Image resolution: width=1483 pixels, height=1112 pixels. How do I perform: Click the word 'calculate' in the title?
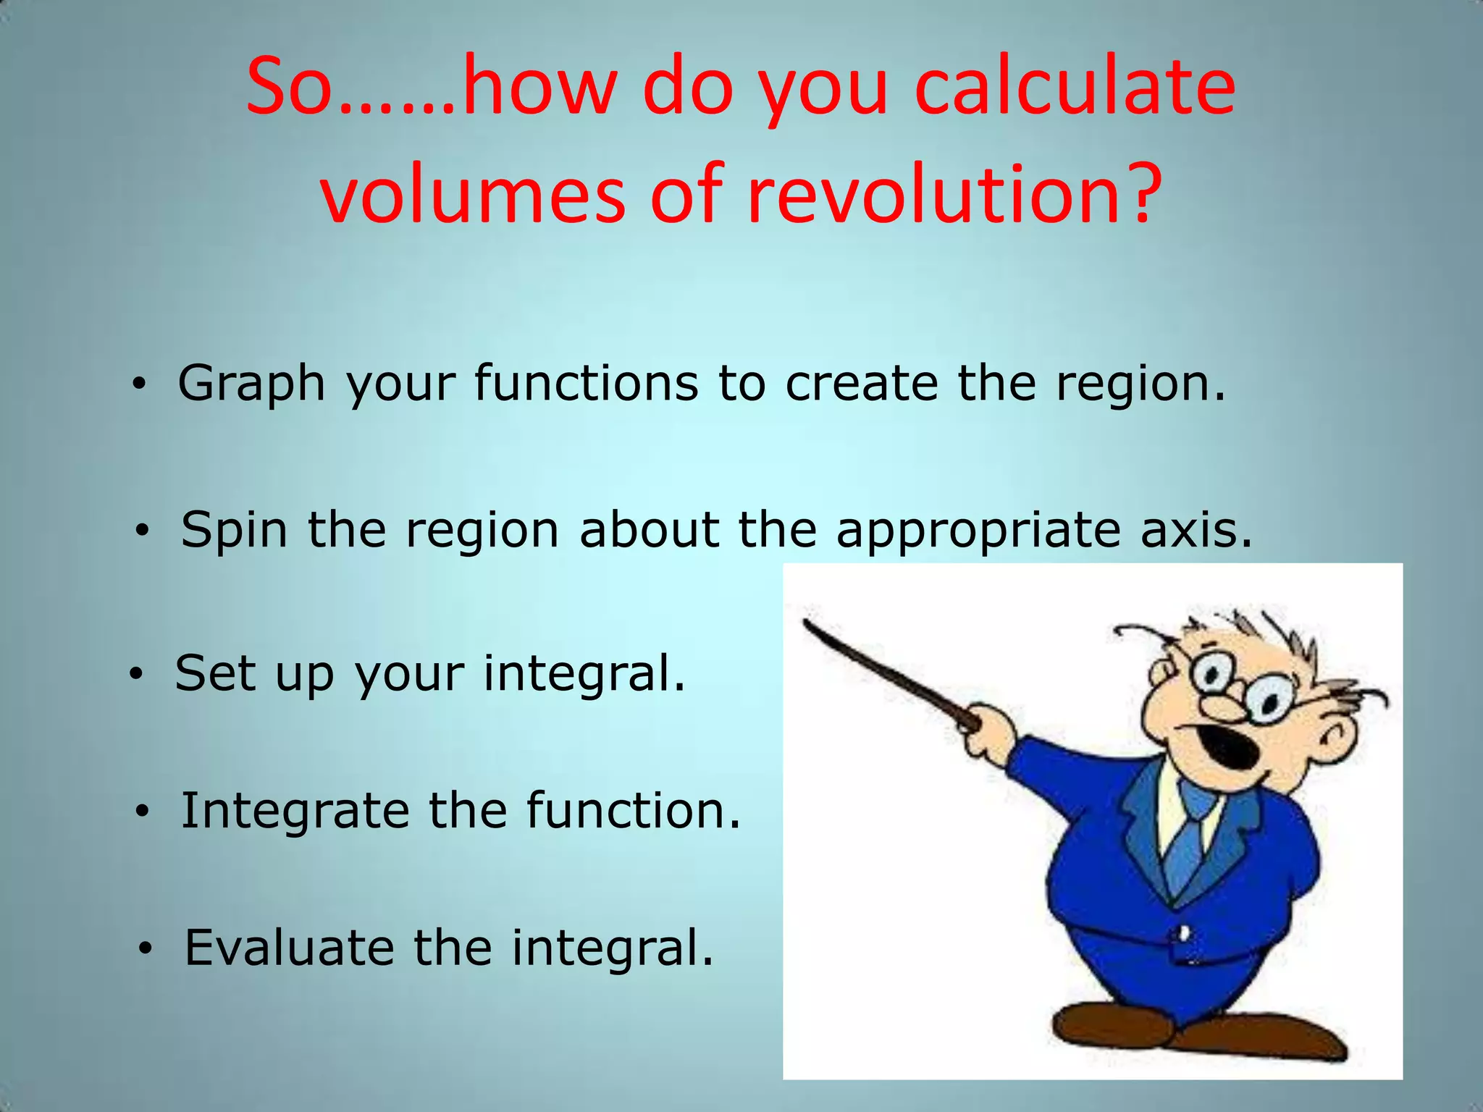coord(1075,88)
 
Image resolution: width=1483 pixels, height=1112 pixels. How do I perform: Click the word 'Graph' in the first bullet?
coord(251,384)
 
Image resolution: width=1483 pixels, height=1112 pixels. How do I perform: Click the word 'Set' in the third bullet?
coord(216,673)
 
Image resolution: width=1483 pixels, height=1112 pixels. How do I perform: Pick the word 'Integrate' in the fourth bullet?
coord(295,811)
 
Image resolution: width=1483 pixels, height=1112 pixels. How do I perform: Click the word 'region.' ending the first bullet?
coord(1140,383)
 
